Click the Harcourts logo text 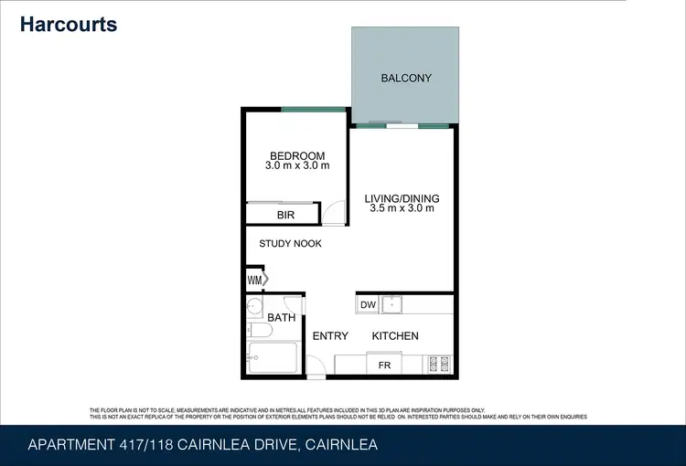[x=69, y=24]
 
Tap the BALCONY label [x=405, y=78]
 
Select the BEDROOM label [x=297, y=154]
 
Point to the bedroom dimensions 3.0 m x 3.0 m [x=297, y=166]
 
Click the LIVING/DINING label [x=402, y=198]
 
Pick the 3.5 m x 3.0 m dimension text [x=402, y=209]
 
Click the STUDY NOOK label [x=290, y=244]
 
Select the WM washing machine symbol [x=254, y=280]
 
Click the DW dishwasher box [x=368, y=305]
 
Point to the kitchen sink [x=394, y=303]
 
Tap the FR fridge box [x=384, y=365]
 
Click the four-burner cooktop [x=438, y=364]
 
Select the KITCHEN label [x=395, y=336]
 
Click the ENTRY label [x=330, y=336]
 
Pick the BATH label [x=281, y=318]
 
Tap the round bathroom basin [x=255, y=306]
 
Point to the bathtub [x=273, y=357]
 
